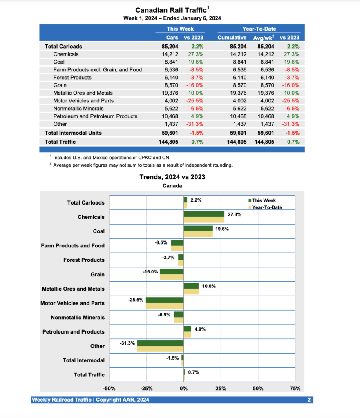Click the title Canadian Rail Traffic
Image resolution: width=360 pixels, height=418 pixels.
[x=170, y=10]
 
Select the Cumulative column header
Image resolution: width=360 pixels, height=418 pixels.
[x=232, y=37]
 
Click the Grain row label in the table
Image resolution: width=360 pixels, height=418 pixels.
[x=60, y=85]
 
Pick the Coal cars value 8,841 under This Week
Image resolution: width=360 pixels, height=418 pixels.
[x=170, y=62]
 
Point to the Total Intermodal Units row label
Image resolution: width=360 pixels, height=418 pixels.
[x=73, y=133]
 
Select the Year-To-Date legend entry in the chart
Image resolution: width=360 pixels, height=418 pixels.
[x=266, y=207]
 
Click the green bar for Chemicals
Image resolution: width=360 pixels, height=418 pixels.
[x=204, y=214]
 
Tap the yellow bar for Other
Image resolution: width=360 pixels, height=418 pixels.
[x=160, y=349]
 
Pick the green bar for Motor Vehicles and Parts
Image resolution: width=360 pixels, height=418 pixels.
[x=165, y=300]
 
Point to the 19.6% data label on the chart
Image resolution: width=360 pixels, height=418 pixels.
[x=222, y=229]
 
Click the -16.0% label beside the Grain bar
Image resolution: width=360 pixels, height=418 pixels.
[x=150, y=272]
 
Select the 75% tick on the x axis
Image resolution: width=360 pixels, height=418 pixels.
[x=295, y=388]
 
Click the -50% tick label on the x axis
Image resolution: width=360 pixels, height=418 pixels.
[x=109, y=388]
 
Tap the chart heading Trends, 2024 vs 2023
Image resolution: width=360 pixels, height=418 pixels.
[x=172, y=177]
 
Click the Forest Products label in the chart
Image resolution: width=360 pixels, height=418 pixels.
[x=84, y=260]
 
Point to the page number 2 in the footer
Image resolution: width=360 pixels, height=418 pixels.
[x=309, y=400]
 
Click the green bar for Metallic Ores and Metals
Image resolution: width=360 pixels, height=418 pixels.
[x=191, y=286]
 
